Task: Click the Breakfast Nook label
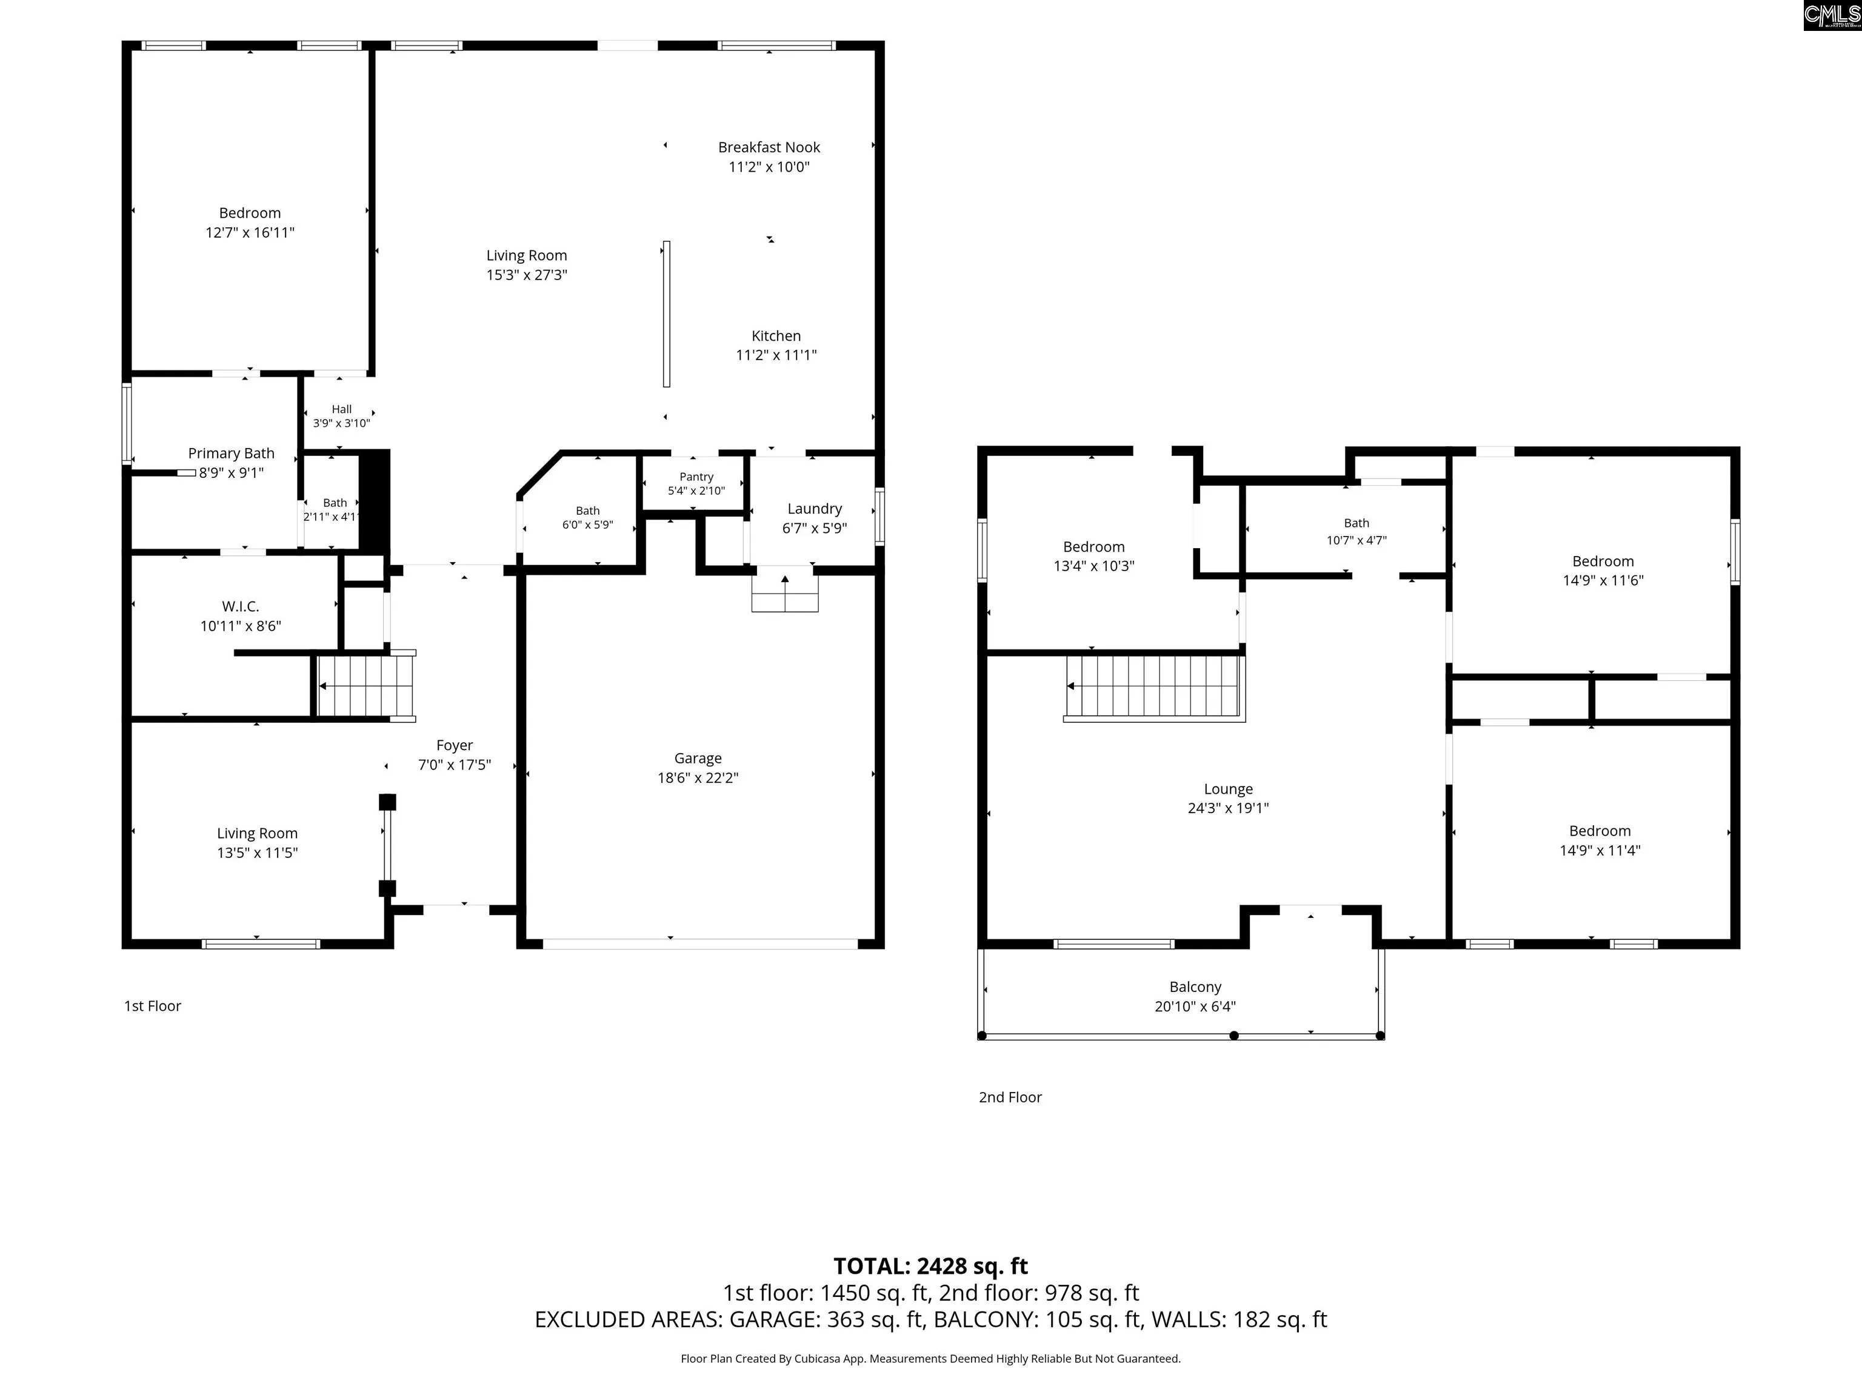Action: click(769, 147)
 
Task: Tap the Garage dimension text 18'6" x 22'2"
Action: click(698, 778)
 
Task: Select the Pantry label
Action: click(696, 477)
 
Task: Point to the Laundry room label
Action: click(814, 509)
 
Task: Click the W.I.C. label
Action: click(241, 606)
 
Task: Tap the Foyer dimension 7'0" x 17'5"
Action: click(455, 765)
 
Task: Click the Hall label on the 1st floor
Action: click(342, 409)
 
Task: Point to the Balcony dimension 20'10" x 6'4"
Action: click(1195, 1007)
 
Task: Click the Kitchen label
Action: click(776, 336)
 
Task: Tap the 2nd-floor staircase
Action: click(1154, 687)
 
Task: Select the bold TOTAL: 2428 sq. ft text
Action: click(931, 1267)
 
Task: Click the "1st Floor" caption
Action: click(152, 1007)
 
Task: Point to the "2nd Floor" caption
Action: click(1010, 1097)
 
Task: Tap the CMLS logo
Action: click(1832, 15)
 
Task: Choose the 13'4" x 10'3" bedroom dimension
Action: click(1094, 566)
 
